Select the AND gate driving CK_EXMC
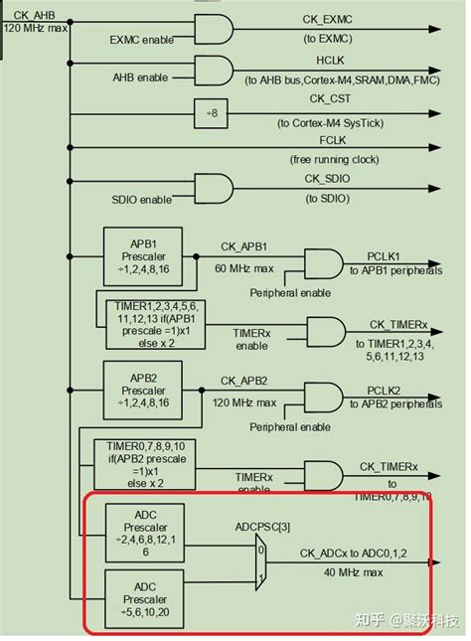tap(212, 31)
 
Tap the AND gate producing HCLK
tap(212, 71)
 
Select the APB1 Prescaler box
tap(141, 254)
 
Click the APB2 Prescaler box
tap(141, 389)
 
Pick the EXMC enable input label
tap(141, 41)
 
